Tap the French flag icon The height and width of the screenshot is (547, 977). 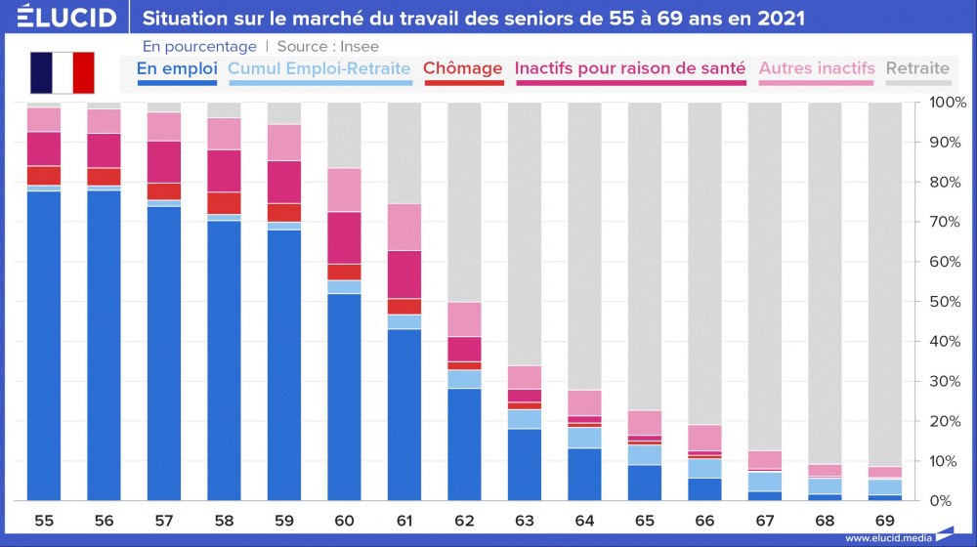click(62, 72)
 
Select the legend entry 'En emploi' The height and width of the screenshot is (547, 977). click(177, 69)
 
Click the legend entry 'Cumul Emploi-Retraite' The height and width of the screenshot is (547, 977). click(319, 69)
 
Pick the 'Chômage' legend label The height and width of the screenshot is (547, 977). click(462, 69)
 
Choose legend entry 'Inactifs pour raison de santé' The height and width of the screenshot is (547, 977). click(630, 69)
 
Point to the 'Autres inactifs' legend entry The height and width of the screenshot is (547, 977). click(816, 69)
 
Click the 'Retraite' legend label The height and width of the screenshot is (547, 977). click(917, 69)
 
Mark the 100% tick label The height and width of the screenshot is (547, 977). click(946, 103)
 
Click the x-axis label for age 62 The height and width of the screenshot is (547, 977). click(464, 521)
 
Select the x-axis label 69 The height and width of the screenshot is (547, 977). click(884, 521)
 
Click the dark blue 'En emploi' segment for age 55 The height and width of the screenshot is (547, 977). click(44, 342)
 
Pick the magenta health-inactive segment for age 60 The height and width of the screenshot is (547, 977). click(344, 237)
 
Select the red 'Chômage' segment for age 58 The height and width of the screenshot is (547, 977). click(224, 202)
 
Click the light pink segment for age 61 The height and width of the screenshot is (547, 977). click(404, 227)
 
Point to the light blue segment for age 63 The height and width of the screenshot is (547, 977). click(524, 419)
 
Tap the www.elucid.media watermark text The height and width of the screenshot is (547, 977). click(885, 537)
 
